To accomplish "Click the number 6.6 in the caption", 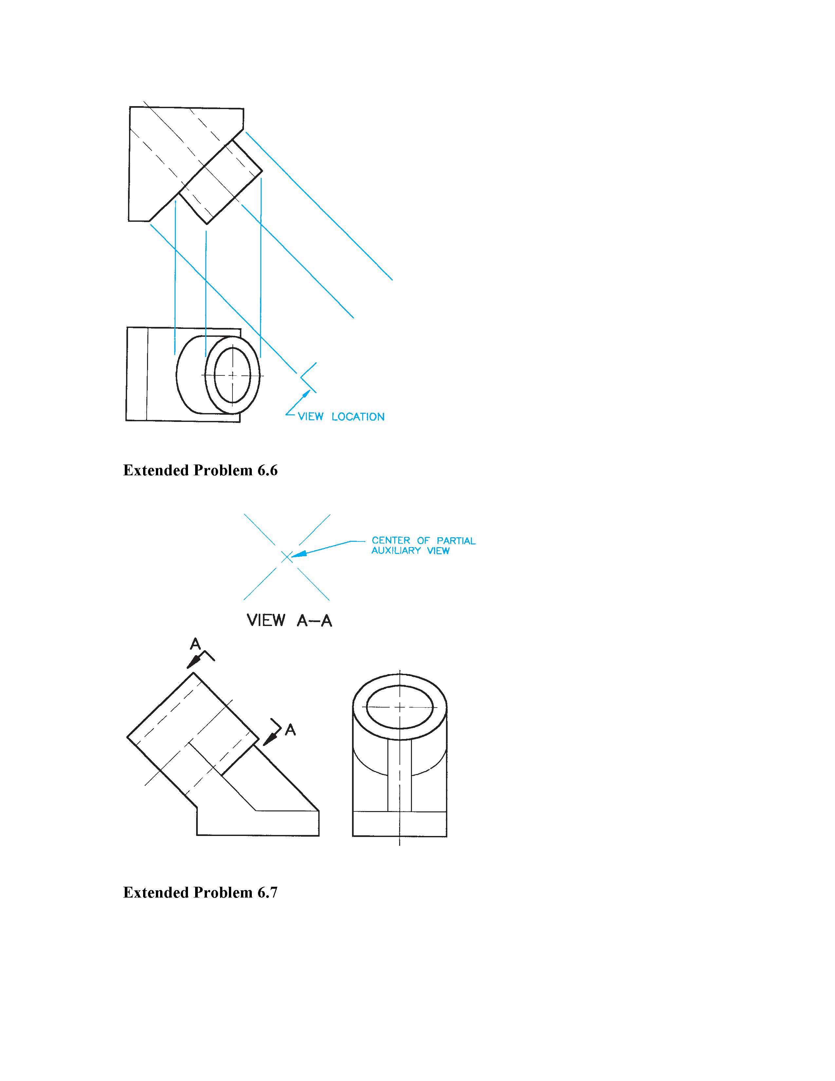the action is coord(268,470).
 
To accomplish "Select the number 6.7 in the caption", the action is coord(268,892).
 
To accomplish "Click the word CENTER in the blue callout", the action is coord(391,540).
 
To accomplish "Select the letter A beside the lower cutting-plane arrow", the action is coord(290,730).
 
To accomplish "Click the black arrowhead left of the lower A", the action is coord(269,738).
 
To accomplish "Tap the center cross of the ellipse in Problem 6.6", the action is coord(232,375).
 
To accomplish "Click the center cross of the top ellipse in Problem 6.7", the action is coord(400,707).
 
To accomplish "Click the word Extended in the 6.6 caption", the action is coord(156,470).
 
